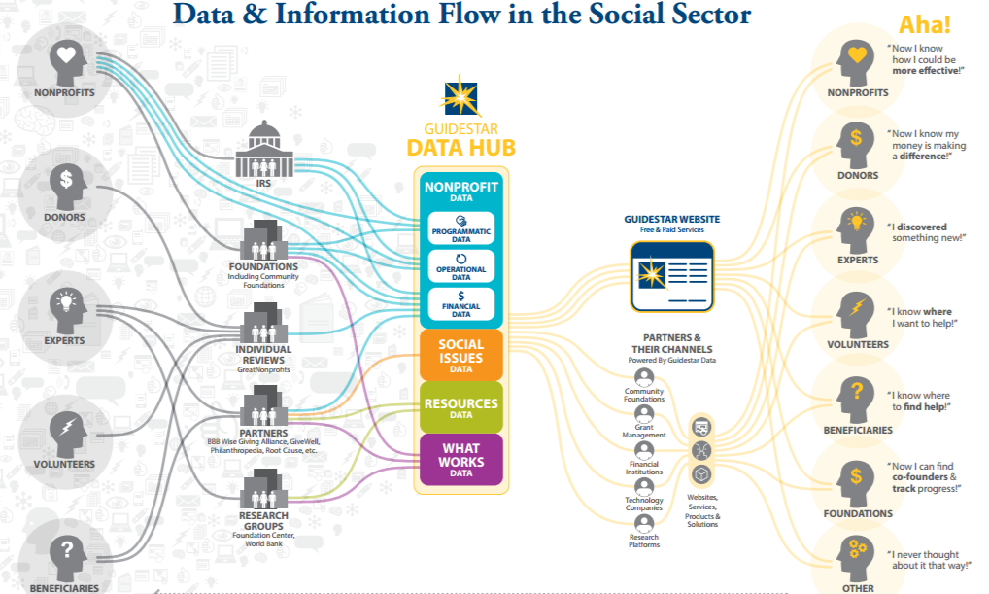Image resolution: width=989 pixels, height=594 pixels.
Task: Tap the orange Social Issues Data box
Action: pos(460,355)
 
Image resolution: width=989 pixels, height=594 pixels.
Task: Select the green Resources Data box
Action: pos(460,407)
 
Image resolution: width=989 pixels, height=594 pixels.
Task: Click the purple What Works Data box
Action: pos(460,459)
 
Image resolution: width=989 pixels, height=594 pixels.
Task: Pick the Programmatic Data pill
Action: pos(461,229)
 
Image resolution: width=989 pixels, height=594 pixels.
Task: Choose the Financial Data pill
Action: pos(461,304)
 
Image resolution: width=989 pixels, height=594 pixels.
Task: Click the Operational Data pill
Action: pos(461,267)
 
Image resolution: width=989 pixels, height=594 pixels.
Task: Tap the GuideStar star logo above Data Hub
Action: pos(461,97)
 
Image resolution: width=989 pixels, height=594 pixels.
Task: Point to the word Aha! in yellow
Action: pos(925,25)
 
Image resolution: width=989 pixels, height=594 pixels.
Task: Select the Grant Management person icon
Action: pos(643,414)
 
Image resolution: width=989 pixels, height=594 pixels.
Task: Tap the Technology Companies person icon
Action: pos(643,486)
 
